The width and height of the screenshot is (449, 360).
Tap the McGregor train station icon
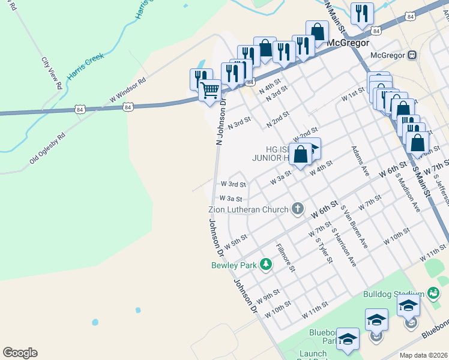point(412,55)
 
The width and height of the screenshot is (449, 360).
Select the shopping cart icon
point(209,91)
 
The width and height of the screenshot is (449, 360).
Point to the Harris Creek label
point(86,65)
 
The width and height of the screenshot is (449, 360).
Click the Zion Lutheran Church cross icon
point(297,209)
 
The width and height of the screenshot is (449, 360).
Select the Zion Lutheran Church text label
point(248,209)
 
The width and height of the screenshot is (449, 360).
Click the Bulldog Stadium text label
point(393,294)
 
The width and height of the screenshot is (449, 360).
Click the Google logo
point(20,353)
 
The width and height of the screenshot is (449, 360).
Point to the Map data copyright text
point(424,355)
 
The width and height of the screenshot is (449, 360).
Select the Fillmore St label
point(286,256)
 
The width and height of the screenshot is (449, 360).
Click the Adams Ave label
point(360,160)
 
